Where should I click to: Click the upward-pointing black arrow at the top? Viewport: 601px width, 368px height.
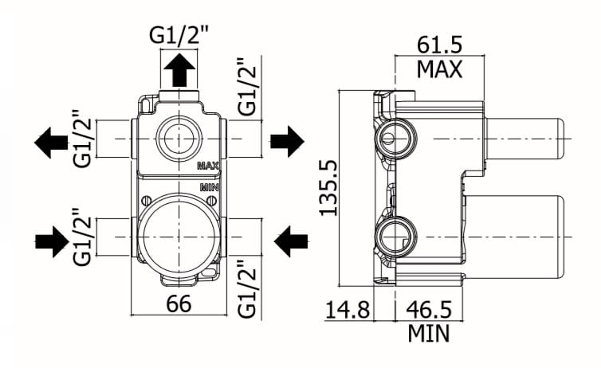point(179,70)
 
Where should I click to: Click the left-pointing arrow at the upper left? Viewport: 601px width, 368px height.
point(51,143)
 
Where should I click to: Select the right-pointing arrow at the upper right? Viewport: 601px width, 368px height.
point(287,141)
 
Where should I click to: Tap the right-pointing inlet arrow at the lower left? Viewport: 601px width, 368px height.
point(52,241)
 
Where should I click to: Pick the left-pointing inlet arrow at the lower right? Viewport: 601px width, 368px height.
point(291,241)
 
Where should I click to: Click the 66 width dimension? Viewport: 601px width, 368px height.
point(179,304)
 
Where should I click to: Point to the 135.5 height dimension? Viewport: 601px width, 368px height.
point(328,188)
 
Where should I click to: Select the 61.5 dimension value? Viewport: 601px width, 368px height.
point(440,45)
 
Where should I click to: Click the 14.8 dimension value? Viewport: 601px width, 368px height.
point(348,309)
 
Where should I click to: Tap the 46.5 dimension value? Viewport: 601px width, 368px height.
point(429,309)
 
